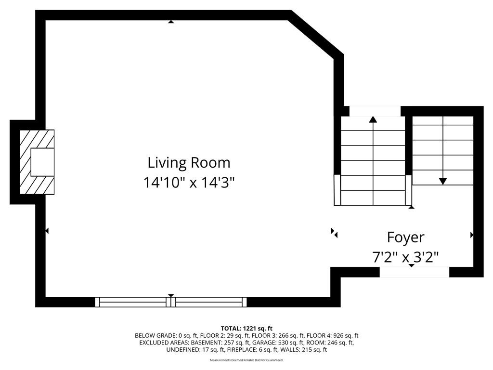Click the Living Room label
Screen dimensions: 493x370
point(189,163)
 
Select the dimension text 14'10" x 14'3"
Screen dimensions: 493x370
point(189,183)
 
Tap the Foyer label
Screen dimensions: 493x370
point(405,238)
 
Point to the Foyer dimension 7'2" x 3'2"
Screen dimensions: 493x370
point(405,257)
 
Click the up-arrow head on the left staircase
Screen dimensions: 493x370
point(373,119)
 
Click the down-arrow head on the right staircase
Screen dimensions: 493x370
point(443,181)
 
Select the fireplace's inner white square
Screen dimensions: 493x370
point(42,162)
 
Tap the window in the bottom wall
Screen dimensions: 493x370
point(171,302)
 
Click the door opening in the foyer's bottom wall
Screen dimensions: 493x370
point(415,272)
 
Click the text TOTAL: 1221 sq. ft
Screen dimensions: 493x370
point(246,329)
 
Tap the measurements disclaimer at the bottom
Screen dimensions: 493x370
point(246,360)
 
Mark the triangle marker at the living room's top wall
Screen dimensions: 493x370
point(171,22)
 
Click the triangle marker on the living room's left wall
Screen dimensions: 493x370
point(47,231)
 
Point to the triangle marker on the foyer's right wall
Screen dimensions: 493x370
point(472,235)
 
